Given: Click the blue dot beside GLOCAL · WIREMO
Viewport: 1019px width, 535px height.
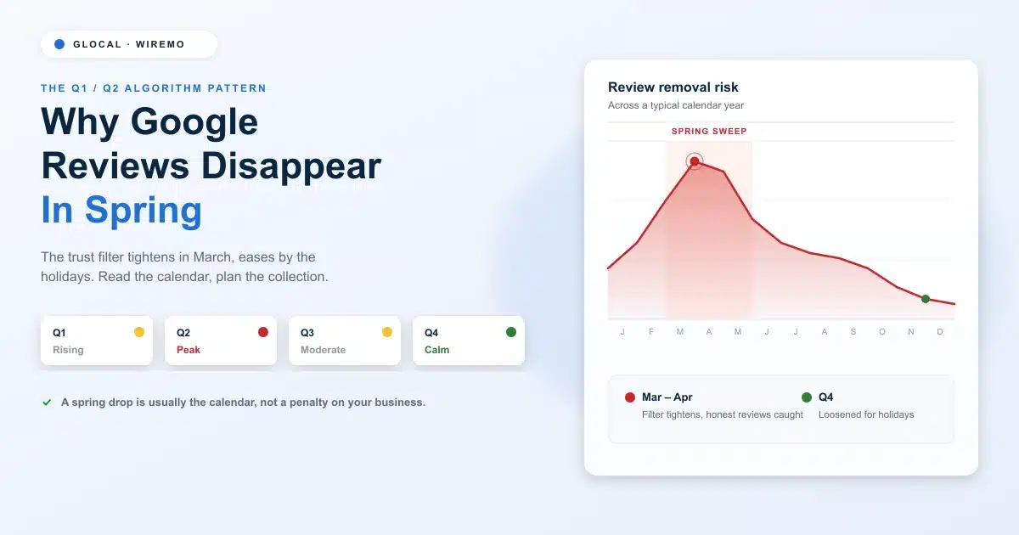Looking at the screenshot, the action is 59,44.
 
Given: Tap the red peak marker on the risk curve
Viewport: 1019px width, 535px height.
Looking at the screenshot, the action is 695,161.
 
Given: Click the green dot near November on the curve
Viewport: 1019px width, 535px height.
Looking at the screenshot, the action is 926,299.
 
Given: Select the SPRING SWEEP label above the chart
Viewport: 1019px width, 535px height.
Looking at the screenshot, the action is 709,132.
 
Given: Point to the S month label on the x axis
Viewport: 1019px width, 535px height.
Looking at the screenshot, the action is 853,332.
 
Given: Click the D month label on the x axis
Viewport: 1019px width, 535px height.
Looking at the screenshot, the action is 940,332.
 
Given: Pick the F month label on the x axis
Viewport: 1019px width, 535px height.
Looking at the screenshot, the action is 651,332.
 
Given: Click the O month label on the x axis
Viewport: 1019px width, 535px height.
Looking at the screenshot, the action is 882,332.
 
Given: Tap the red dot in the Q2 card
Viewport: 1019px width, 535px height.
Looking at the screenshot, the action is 263,332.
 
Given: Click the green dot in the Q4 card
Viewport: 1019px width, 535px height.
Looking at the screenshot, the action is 511,332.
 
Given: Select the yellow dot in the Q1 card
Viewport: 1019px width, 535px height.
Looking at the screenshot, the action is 139,332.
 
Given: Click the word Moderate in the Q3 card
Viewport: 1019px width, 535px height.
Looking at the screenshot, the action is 323,350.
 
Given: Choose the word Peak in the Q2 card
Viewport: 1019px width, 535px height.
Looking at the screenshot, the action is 189,350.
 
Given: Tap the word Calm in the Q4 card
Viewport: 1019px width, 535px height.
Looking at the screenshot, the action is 436,350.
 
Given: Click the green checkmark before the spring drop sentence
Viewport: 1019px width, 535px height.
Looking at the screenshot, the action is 47,403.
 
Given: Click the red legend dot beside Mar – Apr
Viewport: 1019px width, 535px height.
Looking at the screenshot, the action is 630,397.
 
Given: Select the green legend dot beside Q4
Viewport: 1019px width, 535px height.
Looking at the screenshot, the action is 807,397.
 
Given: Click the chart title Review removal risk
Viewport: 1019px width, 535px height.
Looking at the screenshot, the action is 673,87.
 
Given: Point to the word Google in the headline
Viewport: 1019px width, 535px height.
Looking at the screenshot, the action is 194,122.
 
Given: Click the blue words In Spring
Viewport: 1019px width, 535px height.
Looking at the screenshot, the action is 121,210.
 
